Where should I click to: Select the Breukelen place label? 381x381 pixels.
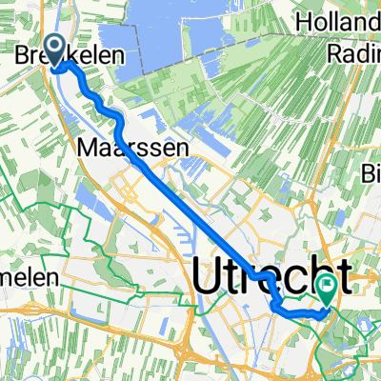click(70, 57)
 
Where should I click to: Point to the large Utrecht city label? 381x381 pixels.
click(271, 278)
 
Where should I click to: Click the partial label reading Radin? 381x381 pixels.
click(351, 54)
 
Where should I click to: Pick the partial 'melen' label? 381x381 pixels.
click(29, 280)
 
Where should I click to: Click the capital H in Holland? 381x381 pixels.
click(305, 20)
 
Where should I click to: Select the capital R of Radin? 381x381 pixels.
click(331, 54)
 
